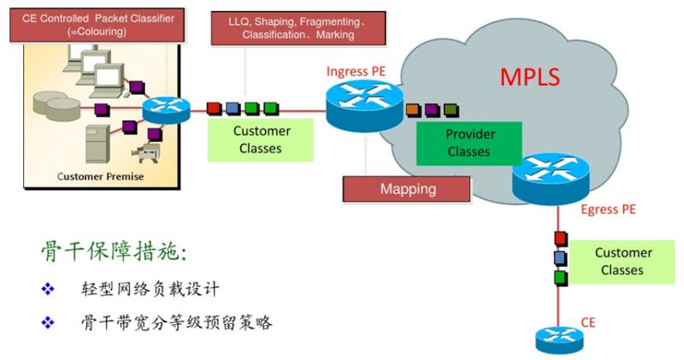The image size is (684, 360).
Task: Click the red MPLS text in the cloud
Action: point(529,77)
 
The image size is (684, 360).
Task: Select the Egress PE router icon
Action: point(551,178)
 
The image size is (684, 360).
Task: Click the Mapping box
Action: point(407,189)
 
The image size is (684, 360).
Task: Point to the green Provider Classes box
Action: point(469,143)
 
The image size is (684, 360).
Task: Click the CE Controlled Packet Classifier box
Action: point(97,25)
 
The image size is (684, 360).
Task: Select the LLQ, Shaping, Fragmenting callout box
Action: point(298,28)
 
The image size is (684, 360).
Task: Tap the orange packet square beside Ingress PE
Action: point(413,109)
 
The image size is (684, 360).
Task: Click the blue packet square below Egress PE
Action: point(561,258)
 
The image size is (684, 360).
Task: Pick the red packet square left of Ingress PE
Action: point(214,109)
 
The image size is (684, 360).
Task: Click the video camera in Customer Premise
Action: point(146,153)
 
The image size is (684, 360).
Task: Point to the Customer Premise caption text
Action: point(100,176)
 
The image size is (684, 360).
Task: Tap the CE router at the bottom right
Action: point(559,339)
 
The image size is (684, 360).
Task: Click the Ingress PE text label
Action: point(356,71)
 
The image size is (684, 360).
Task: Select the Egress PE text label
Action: point(608,210)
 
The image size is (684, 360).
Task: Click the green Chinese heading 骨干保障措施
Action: point(114,252)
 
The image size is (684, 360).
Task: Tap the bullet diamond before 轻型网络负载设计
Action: point(48,289)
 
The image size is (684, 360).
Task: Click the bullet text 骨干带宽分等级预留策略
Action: point(177,323)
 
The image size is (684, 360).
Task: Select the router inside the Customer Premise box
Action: point(167,110)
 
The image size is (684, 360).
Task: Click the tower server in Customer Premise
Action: point(97,144)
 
